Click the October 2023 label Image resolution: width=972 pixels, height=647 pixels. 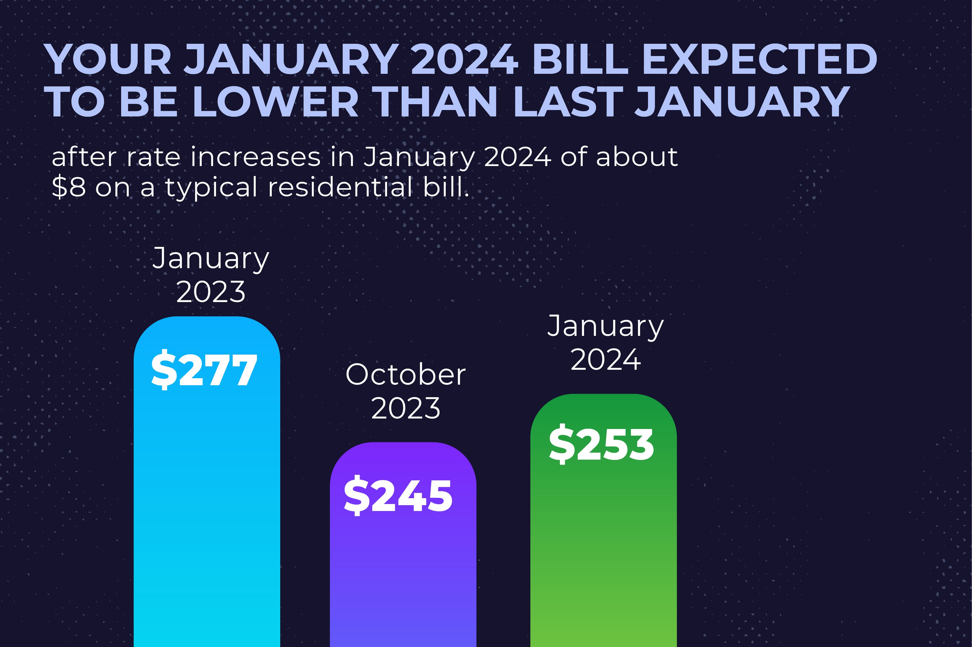406,391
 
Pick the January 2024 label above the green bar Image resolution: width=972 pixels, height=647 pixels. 605,343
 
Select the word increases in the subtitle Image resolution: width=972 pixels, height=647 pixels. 255,157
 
